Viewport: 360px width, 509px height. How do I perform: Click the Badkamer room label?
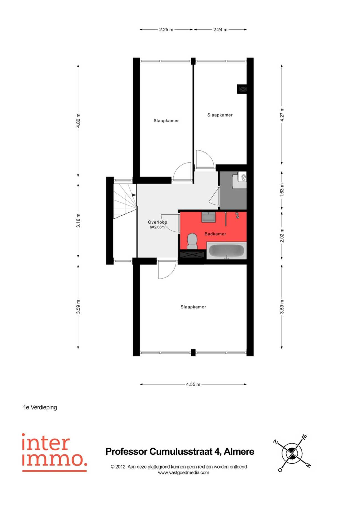coord(215,234)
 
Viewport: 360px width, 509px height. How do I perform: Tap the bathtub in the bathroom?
coord(226,251)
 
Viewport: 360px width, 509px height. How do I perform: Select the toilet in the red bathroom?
coord(192,241)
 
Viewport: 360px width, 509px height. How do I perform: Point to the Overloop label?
coord(157,222)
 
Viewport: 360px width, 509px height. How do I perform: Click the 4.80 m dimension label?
coord(78,120)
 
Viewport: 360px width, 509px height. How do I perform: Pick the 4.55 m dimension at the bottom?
coord(193,384)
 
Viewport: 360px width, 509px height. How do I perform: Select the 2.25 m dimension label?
coord(166,30)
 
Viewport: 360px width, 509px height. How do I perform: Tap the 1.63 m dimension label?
coord(282,190)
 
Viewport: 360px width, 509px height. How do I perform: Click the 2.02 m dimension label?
coord(282,235)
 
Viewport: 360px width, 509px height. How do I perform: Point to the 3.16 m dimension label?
coord(78,221)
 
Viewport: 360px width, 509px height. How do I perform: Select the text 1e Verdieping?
coord(40,407)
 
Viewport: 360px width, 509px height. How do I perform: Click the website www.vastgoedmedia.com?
coord(183,473)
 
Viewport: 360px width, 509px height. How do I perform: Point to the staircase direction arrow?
coord(134,195)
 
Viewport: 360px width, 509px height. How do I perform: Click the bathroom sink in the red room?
coord(209,217)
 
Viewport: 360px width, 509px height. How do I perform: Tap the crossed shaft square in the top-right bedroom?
coord(243,89)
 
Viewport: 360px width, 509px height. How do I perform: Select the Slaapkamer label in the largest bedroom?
coord(193,307)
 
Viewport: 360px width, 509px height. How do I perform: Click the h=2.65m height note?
coord(157,227)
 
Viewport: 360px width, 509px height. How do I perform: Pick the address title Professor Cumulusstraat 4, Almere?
coord(180,452)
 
